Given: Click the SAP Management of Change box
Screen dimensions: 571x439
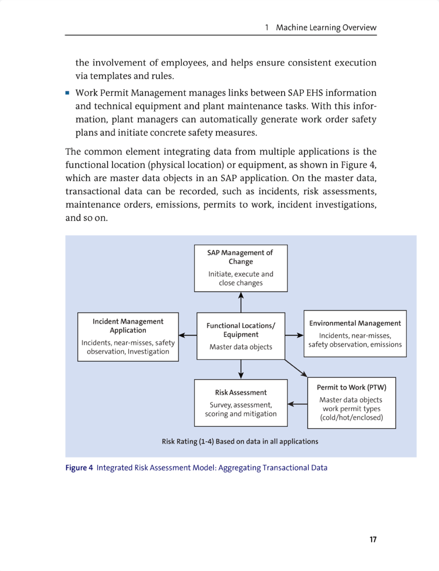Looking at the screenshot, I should click(x=241, y=268).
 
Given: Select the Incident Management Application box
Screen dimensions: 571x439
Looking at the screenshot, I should click(x=128, y=337).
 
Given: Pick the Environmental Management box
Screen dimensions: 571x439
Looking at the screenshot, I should click(x=355, y=333).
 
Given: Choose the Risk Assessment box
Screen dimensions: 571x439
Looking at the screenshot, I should click(x=241, y=403).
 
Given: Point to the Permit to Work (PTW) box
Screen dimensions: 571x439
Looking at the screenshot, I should click(x=351, y=403).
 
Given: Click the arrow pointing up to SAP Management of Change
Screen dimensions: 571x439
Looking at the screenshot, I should click(x=241, y=302).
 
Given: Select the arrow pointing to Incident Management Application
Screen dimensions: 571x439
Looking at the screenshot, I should click(x=188, y=335).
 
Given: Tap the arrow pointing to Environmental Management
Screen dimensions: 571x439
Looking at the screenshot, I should click(x=294, y=335).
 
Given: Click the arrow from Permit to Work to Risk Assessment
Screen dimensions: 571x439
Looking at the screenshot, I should click(x=297, y=404).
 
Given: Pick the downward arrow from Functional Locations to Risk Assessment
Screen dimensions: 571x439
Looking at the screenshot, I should click(x=241, y=369).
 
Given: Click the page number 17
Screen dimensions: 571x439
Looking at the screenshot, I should click(x=373, y=539).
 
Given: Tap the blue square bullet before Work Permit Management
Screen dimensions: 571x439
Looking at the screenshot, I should click(x=67, y=93).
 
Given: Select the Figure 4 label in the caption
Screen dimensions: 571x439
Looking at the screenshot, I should click(x=79, y=468).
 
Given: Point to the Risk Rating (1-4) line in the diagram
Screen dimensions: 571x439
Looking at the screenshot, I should click(x=240, y=441).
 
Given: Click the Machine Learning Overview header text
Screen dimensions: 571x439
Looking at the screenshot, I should click(x=326, y=27).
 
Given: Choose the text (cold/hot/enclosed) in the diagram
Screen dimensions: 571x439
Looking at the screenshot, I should click(x=351, y=417).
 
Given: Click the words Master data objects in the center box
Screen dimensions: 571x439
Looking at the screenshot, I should click(x=241, y=347).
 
